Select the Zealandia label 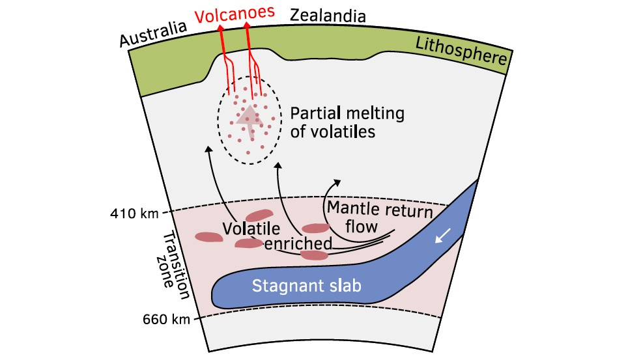pyautogui.click(x=328, y=14)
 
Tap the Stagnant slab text pyautogui.click(x=297, y=286)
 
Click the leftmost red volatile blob pyautogui.click(x=209, y=238)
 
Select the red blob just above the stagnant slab pyautogui.click(x=315, y=255)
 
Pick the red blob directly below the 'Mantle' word pyautogui.click(x=316, y=228)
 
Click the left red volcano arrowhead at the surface pyautogui.click(x=220, y=28)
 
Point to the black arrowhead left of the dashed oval pyautogui.click(x=209, y=150)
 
